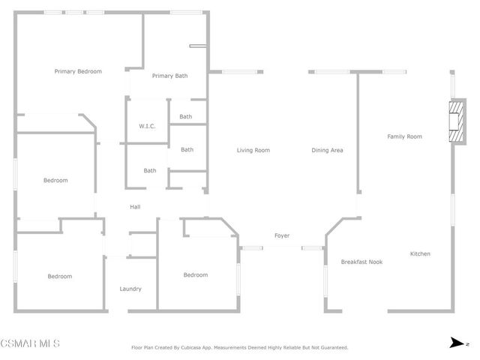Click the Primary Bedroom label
(x=78, y=71)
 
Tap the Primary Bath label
(x=169, y=76)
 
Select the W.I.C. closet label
(x=147, y=126)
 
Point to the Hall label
(x=135, y=207)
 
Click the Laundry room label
(x=130, y=289)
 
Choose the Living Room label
(x=253, y=150)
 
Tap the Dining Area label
(x=327, y=150)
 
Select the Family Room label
(x=404, y=136)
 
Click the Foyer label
(x=282, y=235)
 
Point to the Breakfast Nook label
(x=361, y=262)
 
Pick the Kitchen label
(x=420, y=254)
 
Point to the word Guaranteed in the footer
(x=333, y=348)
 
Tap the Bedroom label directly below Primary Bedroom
(x=55, y=180)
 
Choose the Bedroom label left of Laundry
(x=60, y=276)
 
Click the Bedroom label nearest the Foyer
(x=196, y=274)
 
